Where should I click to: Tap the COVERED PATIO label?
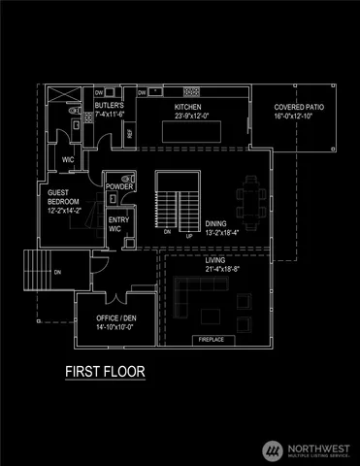[x=293, y=107]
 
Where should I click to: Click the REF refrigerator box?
[x=130, y=133]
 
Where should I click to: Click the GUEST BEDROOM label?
[x=63, y=197]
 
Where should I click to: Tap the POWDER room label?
[x=119, y=186]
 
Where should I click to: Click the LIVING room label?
[x=215, y=260]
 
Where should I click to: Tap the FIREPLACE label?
[x=212, y=340]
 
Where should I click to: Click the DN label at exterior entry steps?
[x=57, y=272]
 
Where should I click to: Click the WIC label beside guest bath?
[x=68, y=159]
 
